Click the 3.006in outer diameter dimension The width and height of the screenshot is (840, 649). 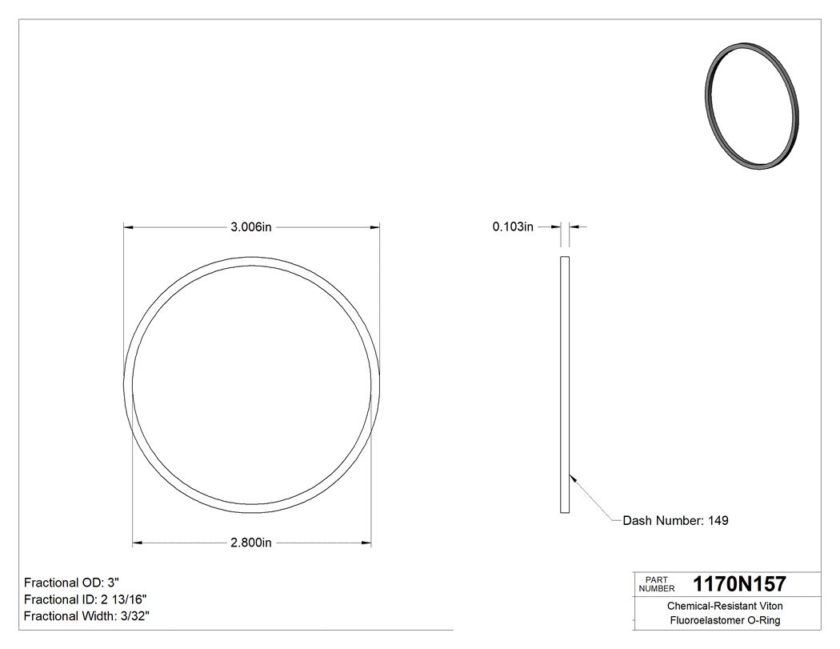(251, 227)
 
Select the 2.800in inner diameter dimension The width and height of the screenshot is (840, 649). (251, 543)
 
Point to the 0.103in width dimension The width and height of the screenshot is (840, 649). (513, 227)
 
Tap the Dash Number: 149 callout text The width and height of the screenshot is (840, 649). (676, 520)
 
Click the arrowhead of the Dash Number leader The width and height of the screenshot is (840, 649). (571, 478)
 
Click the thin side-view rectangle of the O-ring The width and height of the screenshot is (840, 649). (564, 384)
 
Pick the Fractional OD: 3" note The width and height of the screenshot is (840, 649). (72, 582)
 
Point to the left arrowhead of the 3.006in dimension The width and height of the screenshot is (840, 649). (127, 227)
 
